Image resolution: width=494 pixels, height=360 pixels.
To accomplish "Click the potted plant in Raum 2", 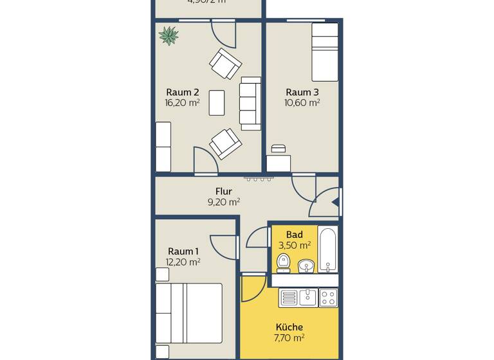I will pyautogui.click(x=169, y=35).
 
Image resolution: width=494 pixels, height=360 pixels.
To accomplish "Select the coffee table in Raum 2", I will pyautogui.click(x=217, y=103).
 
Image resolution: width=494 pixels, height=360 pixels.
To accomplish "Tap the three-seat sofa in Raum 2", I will pyautogui.click(x=249, y=102).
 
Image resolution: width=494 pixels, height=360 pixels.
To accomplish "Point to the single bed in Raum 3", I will pyautogui.click(x=325, y=51).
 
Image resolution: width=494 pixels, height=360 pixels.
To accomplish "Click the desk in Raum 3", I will pyautogui.click(x=279, y=163).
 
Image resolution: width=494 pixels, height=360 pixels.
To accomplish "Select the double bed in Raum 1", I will pyautogui.click(x=188, y=313).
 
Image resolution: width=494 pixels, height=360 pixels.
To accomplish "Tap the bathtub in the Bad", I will pyautogui.click(x=328, y=249).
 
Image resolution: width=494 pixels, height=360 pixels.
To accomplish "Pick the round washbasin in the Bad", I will pyautogui.click(x=307, y=264).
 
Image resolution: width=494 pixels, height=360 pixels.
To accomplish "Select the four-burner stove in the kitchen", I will pyautogui.click(x=328, y=298).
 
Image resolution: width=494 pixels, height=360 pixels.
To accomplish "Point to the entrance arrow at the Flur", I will pyautogui.click(x=334, y=201).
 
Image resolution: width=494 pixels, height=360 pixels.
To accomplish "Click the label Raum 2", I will pyautogui.click(x=182, y=91).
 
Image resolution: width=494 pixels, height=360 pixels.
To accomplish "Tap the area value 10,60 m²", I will pyautogui.click(x=302, y=102).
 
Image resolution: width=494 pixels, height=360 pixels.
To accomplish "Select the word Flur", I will pyautogui.click(x=223, y=191).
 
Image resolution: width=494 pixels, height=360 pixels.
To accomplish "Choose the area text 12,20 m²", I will pyautogui.click(x=183, y=262).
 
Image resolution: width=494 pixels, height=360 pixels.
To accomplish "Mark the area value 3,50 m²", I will pyautogui.click(x=295, y=245).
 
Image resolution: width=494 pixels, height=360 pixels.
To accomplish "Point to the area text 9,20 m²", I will pyautogui.click(x=223, y=202).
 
